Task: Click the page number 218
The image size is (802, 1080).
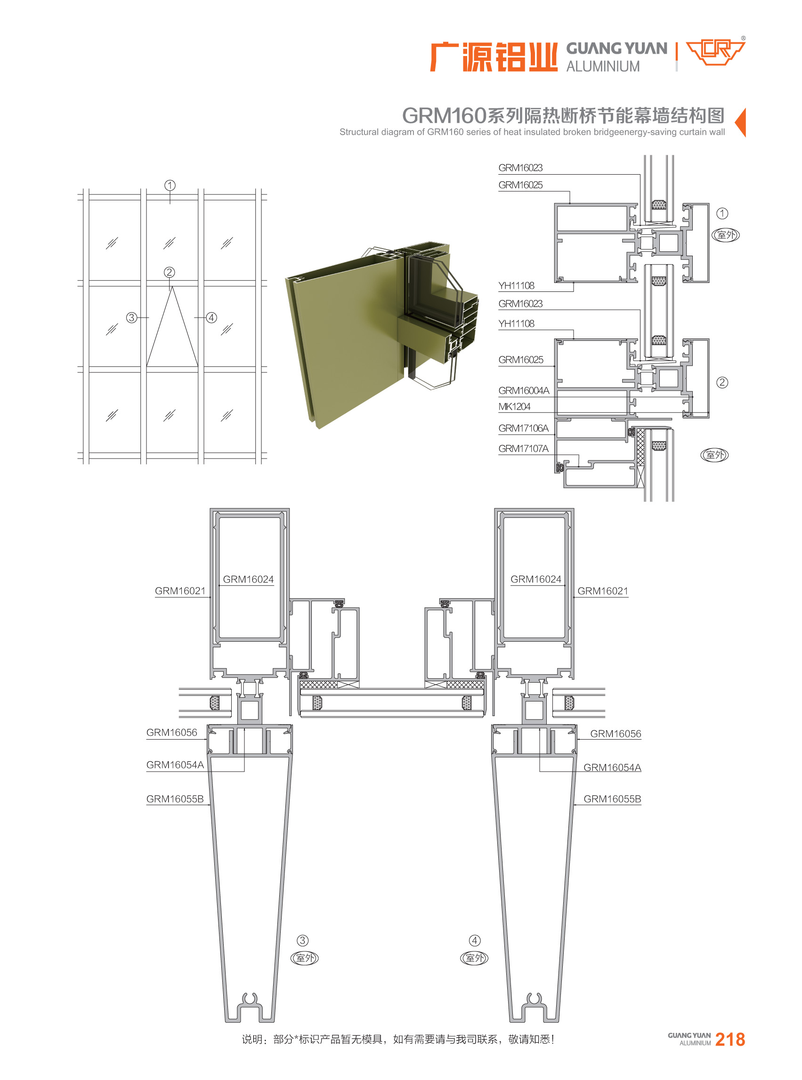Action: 730,1039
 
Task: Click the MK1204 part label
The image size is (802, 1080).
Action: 514,406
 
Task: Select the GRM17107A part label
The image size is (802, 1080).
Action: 523,449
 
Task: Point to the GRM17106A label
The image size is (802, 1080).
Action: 523,428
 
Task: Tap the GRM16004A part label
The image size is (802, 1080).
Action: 524,390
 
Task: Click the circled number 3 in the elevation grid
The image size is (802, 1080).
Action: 131,317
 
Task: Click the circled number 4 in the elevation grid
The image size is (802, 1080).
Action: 211,317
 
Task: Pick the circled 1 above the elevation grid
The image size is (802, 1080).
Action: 170,185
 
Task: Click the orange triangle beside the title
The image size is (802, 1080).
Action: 741,122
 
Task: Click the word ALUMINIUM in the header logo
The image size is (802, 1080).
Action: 603,66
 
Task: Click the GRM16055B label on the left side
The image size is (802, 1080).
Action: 175,799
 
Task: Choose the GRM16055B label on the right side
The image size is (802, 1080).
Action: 612,799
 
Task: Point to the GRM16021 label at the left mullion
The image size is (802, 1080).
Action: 180,591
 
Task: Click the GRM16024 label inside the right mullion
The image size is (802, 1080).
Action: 535,579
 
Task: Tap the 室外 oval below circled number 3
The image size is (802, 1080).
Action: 304,958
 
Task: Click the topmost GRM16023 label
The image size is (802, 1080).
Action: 520,168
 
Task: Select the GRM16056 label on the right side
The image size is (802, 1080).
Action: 616,733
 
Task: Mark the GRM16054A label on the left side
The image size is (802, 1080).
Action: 175,765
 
